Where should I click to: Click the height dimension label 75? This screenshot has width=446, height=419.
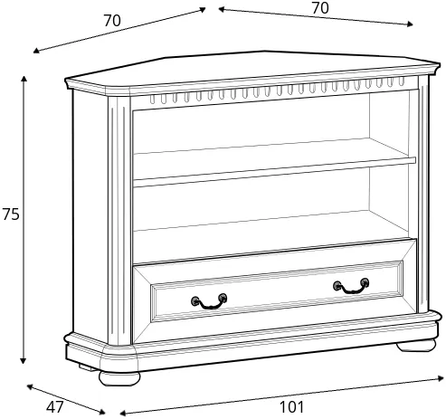point(11,214)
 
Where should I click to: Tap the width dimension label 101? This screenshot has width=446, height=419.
point(292,407)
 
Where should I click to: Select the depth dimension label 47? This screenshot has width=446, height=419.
point(55,407)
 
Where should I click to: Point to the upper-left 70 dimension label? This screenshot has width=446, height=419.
point(112,21)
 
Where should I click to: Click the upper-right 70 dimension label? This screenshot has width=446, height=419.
point(320,8)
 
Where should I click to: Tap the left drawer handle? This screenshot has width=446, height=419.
point(209,301)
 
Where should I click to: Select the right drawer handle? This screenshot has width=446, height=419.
point(351,286)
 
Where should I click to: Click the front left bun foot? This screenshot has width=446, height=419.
point(119,378)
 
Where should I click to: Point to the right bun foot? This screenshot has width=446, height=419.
point(416,346)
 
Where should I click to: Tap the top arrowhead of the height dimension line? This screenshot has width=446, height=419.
point(24,79)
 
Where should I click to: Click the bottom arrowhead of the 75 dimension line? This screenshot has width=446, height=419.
point(24,361)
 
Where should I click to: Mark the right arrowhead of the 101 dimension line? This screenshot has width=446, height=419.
point(441,378)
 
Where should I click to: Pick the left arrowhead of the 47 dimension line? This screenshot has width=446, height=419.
point(30,386)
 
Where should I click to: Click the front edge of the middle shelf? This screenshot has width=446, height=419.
point(274,172)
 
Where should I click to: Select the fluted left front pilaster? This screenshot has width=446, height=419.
point(119,221)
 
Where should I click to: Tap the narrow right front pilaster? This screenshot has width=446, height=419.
point(423,194)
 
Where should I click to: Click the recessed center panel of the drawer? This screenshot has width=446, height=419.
point(277,291)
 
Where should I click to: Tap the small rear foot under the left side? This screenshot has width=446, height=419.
point(88,367)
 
